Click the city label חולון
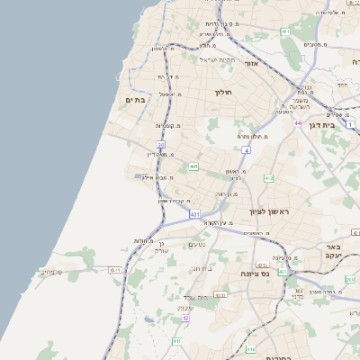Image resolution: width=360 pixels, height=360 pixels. (x=223, y=92)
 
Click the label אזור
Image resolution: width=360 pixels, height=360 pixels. (x=251, y=63)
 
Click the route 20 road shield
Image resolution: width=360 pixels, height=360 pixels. (x=161, y=144)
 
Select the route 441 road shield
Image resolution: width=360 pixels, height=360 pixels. (x=193, y=166)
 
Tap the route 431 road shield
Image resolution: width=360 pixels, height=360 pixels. (x=194, y=214)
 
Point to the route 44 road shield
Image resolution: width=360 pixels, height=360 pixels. (x=297, y=122)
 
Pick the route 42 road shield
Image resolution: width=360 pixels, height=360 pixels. (x=186, y=318)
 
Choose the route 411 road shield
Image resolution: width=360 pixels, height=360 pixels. (x=177, y=342)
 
